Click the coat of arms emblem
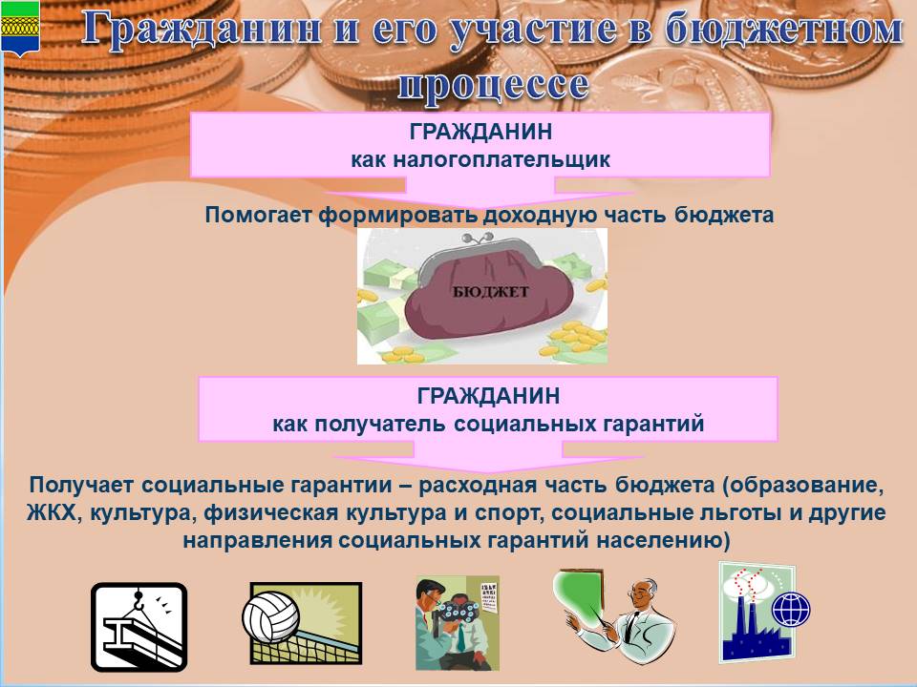(20, 28)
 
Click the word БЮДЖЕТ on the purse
(490, 292)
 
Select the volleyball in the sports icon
(270, 619)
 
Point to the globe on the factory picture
(791, 610)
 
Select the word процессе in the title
(493, 85)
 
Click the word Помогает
(258, 215)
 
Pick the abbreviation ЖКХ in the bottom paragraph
(52, 512)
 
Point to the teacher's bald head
(642, 589)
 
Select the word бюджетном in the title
(783, 30)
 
